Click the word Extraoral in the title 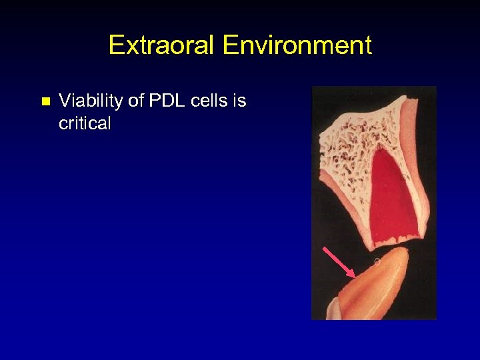click(x=162, y=45)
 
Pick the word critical click(x=85, y=123)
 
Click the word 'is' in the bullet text click(x=239, y=101)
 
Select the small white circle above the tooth click(x=377, y=261)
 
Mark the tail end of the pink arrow click(x=325, y=249)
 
